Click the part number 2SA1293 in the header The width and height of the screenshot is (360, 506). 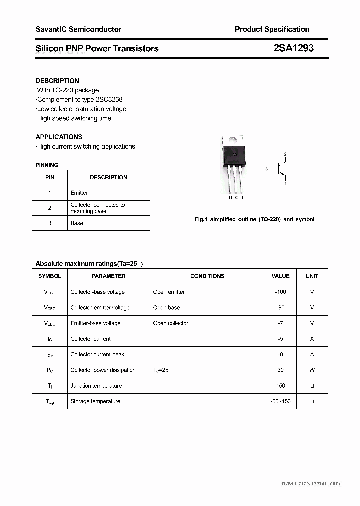click(293, 48)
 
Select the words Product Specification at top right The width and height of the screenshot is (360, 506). click(272, 29)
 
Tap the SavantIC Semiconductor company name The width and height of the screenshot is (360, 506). click(78, 29)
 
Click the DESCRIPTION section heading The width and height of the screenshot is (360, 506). click(57, 81)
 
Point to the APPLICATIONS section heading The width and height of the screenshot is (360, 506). click(59, 137)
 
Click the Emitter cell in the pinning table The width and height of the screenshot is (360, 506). click(79, 193)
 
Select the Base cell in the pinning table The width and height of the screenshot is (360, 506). click(77, 223)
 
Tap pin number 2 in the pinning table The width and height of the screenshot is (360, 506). click(50, 208)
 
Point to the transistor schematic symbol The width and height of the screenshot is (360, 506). click(281, 169)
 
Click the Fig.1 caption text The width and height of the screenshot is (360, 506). click(254, 219)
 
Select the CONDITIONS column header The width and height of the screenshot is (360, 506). click(207, 276)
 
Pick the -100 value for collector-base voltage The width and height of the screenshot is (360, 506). click(280, 292)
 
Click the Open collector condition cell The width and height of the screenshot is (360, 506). click(171, 323)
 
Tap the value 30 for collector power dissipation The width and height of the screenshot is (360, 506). click(280, 370)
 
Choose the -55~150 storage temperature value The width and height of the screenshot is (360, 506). click(280, 401)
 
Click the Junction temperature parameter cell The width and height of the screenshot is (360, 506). click(96, 386)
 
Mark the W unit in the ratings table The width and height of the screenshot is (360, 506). click(312, 370)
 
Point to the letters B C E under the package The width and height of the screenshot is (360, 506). click(236, 198)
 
